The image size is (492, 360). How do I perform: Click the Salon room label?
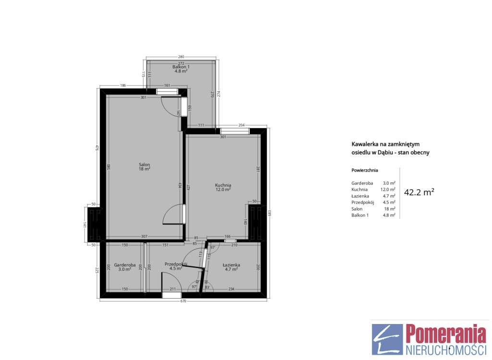[x=145, y=165]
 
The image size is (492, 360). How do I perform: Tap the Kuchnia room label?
[x=223, y=185]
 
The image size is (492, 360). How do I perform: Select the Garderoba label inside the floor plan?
[x=125, y=265]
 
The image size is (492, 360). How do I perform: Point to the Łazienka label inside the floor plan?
[x=231, y=265]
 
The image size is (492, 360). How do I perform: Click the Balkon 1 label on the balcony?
[x=181, y=67]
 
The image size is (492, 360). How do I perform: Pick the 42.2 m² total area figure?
[x=419, y=192]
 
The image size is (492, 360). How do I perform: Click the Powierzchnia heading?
[x=365, y=170]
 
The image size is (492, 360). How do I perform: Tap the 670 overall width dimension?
[x=183, y=301]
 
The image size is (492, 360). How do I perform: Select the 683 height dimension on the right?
[x=269, y=213]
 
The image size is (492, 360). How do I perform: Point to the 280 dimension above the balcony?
[x=181, y=57]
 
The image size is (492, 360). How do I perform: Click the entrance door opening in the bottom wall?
[x=172, y=295]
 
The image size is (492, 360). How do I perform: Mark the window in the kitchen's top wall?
[x=234, y=131]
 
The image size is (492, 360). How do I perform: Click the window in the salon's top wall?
[x=167, y=92]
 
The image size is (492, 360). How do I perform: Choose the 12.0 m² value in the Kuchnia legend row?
[x=388, y=190]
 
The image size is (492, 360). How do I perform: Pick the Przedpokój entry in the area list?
[x=363, y=202]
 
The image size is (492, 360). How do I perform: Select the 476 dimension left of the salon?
[x=97, y=148]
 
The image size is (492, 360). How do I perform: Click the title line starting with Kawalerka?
[x=385, y=144]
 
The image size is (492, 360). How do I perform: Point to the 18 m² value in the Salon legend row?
[x=390, y=209]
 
